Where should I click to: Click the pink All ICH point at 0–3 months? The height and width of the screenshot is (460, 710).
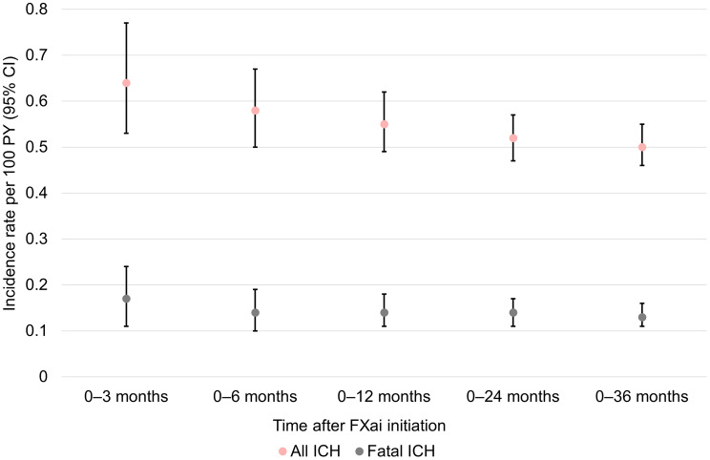coord(126,83)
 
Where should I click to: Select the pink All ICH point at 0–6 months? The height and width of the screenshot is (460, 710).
coord(256,111)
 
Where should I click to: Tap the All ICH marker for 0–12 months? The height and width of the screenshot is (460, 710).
coord(385,124)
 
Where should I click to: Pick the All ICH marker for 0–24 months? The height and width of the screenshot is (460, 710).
coord(513,138)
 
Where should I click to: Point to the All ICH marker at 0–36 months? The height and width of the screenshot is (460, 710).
coord(642,147)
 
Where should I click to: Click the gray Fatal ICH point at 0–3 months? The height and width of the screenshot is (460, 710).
coord(126,299)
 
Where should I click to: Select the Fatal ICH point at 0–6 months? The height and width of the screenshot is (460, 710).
coord(256,312)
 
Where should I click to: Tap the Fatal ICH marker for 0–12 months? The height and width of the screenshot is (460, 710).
coord(385,312)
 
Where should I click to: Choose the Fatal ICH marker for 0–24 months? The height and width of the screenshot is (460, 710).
coord(513,312)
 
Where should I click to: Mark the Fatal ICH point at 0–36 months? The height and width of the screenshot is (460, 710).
coord(642,318)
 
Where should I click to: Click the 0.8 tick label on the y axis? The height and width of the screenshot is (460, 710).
coord(36,9)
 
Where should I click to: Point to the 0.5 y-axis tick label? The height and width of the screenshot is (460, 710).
coord(36,147)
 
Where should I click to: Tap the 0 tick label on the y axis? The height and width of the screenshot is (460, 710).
coord(43,377)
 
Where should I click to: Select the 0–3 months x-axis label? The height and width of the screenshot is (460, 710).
coord(126,397)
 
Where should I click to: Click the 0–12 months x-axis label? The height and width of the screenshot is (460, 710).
coord(384,397)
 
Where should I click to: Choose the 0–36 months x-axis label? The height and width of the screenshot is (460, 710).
coord(641,397)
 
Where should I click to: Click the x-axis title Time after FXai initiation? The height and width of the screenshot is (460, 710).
coord(359,426)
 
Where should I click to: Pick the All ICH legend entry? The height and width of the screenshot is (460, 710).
coord(309,451)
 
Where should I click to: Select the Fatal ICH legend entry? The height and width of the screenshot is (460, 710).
coord(395,451)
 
